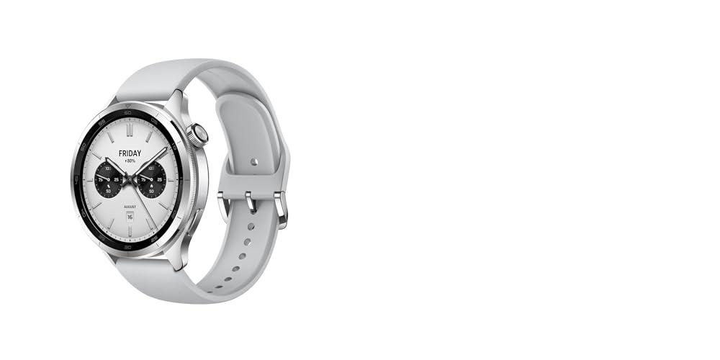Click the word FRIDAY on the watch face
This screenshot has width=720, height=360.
pyautogui.click(x=130, y=153)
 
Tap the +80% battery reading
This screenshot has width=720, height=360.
pyautogui.click(x=130, y=162)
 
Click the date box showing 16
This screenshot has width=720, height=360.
pyautogui.click(x=130, y=215)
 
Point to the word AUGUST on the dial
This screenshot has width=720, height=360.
pyautogui.click(x=130, y=207)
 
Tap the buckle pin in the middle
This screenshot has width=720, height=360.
pyautogui.click(x=251, y=201)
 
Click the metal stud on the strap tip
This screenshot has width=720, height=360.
pyautogui.click(x=254, y=162)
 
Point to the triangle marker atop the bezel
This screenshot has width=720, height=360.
pyautogui.click(x=128, y=112)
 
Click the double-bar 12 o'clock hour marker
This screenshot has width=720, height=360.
pyautogui.click(x=130, y=130)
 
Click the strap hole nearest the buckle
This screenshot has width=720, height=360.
pyautogui.click(x=250, y=226)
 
